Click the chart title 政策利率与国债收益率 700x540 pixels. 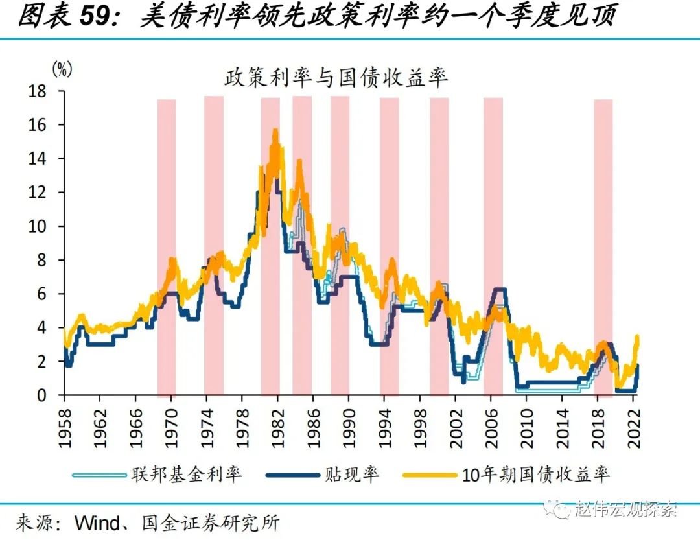point(336,79)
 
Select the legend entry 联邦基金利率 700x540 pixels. point(187,475)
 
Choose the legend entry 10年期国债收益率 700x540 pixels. point(536,475)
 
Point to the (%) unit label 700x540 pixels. point(62,69)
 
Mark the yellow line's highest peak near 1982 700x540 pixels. point(275,131)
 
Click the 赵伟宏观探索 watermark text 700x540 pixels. point(625,510)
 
